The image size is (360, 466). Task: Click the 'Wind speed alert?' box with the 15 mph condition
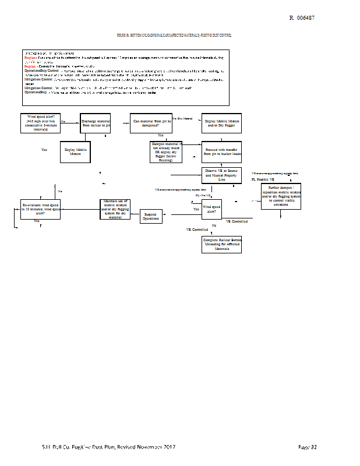click(40, 122)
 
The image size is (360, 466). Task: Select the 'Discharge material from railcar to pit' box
click(96, 122)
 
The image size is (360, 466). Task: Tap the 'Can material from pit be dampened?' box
click(152, 122)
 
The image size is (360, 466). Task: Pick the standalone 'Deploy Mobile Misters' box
click(75, 151)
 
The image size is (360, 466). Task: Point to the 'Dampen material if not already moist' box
click(167, 151)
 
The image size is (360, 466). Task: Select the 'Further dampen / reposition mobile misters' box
click(281, 200)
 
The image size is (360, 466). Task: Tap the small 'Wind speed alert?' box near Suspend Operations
click(212, 209)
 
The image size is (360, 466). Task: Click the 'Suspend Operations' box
click(151, 217)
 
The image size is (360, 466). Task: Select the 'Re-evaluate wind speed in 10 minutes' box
click(41, 209)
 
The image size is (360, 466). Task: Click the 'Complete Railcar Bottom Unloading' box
click(221, 244)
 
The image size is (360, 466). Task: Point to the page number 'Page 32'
click(307, 447)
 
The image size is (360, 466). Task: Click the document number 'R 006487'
click(302, 18)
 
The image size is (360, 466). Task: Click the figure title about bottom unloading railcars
click(175, 36)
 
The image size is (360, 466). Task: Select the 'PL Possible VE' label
click(263, 179)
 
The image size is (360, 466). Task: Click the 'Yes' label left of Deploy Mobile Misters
click(44, 150)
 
